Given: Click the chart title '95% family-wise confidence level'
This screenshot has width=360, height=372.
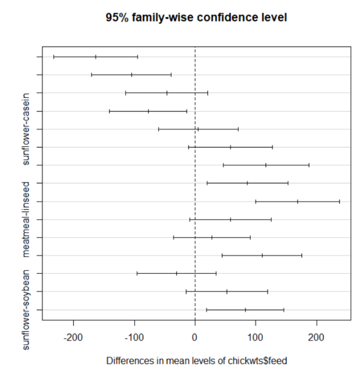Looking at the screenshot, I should [196, 18].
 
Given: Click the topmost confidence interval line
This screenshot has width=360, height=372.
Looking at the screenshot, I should [96, 56].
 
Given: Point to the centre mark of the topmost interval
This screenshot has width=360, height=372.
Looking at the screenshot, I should [96, 56].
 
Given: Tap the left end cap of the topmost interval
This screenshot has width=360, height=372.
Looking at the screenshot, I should [54, 56].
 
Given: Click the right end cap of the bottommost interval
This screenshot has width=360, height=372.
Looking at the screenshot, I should [283, 310].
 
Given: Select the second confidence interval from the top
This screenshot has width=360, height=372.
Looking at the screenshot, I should [131, 74].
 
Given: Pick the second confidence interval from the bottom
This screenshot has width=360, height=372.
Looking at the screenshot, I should [227, 292].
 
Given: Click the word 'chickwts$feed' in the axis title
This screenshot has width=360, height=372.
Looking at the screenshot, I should [260, 360].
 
